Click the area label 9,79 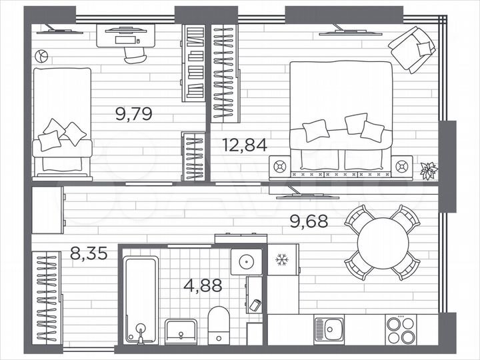point(134,113)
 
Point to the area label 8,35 point(89,253)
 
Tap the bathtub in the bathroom point(141,300)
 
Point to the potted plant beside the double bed point(427,170)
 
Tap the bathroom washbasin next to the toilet point(181,330)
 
